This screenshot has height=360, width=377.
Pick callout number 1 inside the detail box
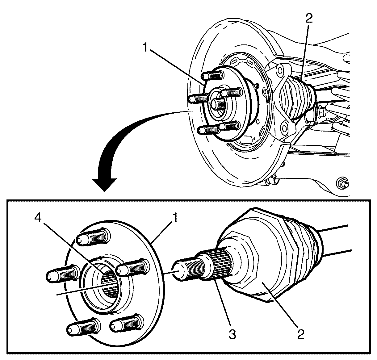pos(175,219)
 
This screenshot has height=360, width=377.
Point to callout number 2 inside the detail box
pos(300,334)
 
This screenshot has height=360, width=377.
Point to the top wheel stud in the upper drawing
pos(213,75)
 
